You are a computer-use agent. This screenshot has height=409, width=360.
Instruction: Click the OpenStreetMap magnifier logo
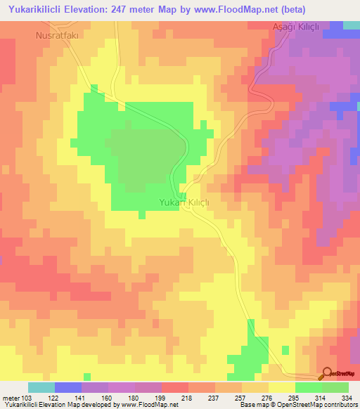tap(327, 373)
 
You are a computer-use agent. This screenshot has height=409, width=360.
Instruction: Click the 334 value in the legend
tap(347, 398)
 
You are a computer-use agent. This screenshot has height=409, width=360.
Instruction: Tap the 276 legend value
tap(268, 398)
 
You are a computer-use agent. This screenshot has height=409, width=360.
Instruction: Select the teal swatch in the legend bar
tap(41, 387)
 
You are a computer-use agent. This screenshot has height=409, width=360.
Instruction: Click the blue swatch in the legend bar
tap(68, 387)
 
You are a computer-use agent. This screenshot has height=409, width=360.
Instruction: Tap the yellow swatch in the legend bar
tap(281, 387)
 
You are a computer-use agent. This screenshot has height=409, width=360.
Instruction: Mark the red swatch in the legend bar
tap(175, 387)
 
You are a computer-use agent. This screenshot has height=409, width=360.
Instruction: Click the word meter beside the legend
tap(10, 398)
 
